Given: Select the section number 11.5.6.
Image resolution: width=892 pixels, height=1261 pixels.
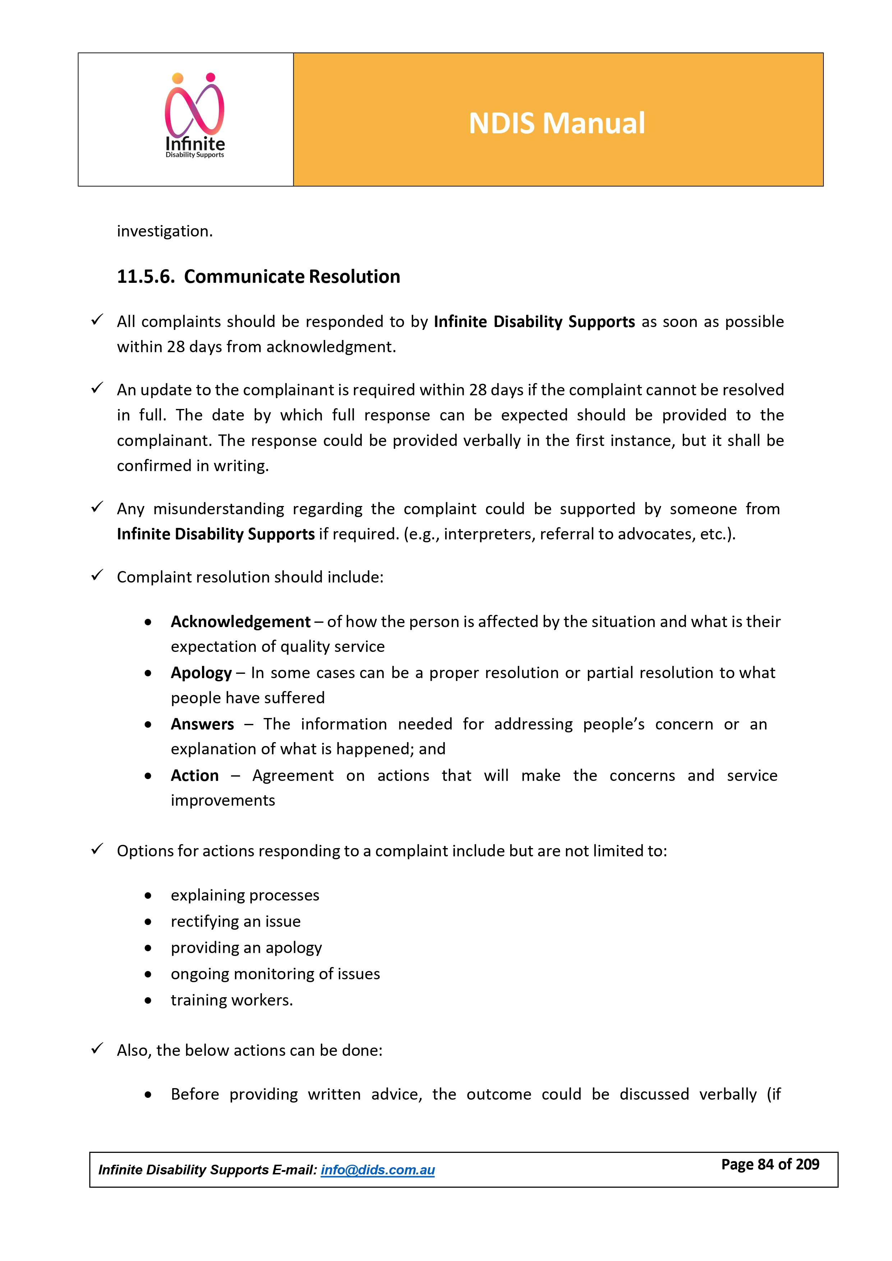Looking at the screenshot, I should click(x=146, y=277).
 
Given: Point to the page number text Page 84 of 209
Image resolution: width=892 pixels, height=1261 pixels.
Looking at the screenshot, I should click(x=770, y=1164).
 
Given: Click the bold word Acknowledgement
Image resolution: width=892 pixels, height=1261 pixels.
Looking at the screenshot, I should click(x=240, y=622).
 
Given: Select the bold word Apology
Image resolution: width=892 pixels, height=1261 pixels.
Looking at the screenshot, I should click(x=201, y=673).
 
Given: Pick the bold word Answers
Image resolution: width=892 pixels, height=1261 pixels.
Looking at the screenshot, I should click(x=202, y=724).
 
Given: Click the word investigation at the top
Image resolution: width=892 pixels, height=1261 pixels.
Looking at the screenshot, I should click(x=164, y=231).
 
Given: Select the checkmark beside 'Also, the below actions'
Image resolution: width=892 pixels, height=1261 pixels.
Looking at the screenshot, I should click(x=97, y=1049).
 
